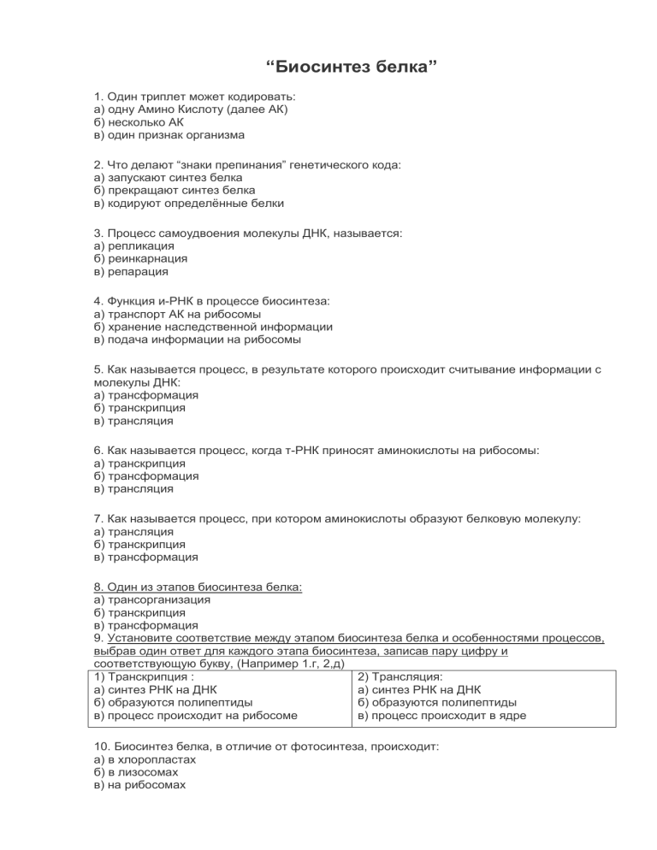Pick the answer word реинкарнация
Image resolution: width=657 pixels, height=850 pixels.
point(145,258)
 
